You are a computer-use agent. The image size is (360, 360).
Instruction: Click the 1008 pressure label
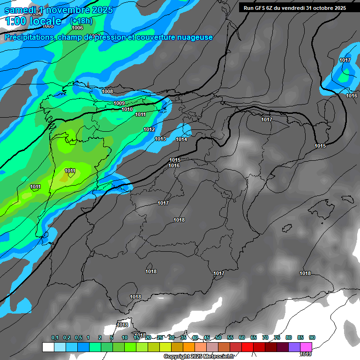pyautogui.click(x=107, y=91)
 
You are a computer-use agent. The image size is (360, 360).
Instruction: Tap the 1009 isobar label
pyautogui.click(x=119, y=103)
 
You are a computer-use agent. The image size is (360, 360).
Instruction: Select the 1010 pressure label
pyautogui.click(x=127, y=109)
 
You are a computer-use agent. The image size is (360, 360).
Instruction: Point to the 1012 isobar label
pyautogui.click(x=149, y=129)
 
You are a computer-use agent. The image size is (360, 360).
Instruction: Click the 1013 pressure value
pyautogui.click(x=160, y=139)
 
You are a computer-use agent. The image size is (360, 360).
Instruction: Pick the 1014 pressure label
pyautogui.click(x=181, y=139)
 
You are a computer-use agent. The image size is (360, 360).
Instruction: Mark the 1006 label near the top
pyautogui.click(x=77, y=28)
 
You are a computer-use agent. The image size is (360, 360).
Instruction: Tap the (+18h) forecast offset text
pyautogui.click(x=81, y=21)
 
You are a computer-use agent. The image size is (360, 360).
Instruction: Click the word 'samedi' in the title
pyautogui.click(x=20, y=10)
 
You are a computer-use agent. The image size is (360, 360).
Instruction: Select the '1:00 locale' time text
pyautogui.click(x=33, y=21)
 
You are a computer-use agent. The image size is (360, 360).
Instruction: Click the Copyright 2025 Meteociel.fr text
pyautogui.click(x=199, y=357)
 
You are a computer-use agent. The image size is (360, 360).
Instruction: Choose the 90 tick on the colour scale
pyautogui.click(x=312, y=337)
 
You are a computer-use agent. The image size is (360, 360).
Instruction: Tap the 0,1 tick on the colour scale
pyautogui.click(x=55, y=337)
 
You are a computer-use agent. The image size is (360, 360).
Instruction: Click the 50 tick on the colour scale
pyautogui.click(x=218, y=337)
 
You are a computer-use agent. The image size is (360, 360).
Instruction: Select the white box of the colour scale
pyautogui.click(x=48, y=347)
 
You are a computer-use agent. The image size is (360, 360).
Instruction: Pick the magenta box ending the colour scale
pyautogui.click(x=306, y=347)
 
